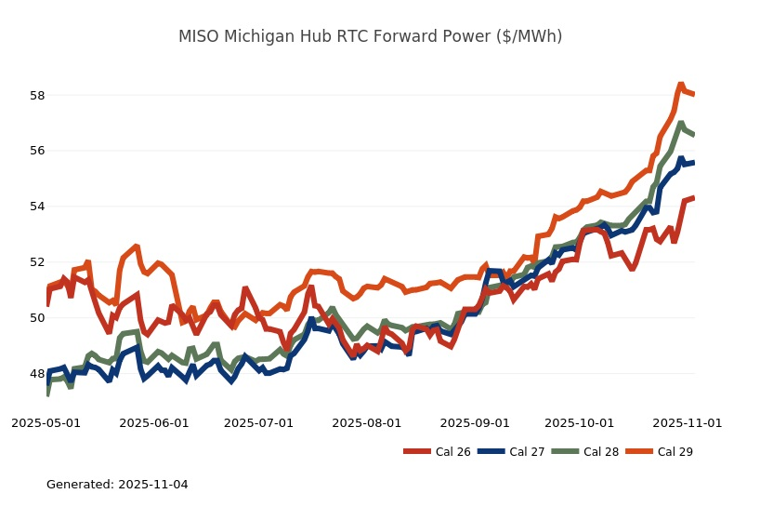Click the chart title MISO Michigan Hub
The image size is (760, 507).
tap(370, 36)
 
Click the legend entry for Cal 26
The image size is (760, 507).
tap(437, 452)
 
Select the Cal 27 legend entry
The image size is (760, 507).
tap(510, 452)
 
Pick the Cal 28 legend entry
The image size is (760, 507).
tap(585, 452)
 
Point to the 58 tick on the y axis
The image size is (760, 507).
tap(38, 95)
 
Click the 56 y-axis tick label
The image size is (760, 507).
tap(38, 151)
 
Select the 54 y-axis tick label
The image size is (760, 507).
tap(38, 207)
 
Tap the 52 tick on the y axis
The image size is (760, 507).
tap(38, 262)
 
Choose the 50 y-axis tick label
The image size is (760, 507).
tap(38, 318)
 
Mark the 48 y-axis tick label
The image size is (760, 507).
tap(38, 374)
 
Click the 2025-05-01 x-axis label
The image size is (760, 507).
tap(46, 422)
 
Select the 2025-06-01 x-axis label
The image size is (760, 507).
tap(154, 422)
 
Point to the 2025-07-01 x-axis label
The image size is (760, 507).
tap(259, 422)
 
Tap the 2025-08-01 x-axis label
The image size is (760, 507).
tap(367, 422)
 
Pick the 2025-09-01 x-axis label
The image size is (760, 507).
tap(475, 422)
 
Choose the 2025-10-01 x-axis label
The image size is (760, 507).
tap(580, 422)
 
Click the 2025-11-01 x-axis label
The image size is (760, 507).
tap(688, 422)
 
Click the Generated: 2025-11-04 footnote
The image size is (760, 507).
tap(117, 485)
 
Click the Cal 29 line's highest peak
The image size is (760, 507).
tap(680, 85)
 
